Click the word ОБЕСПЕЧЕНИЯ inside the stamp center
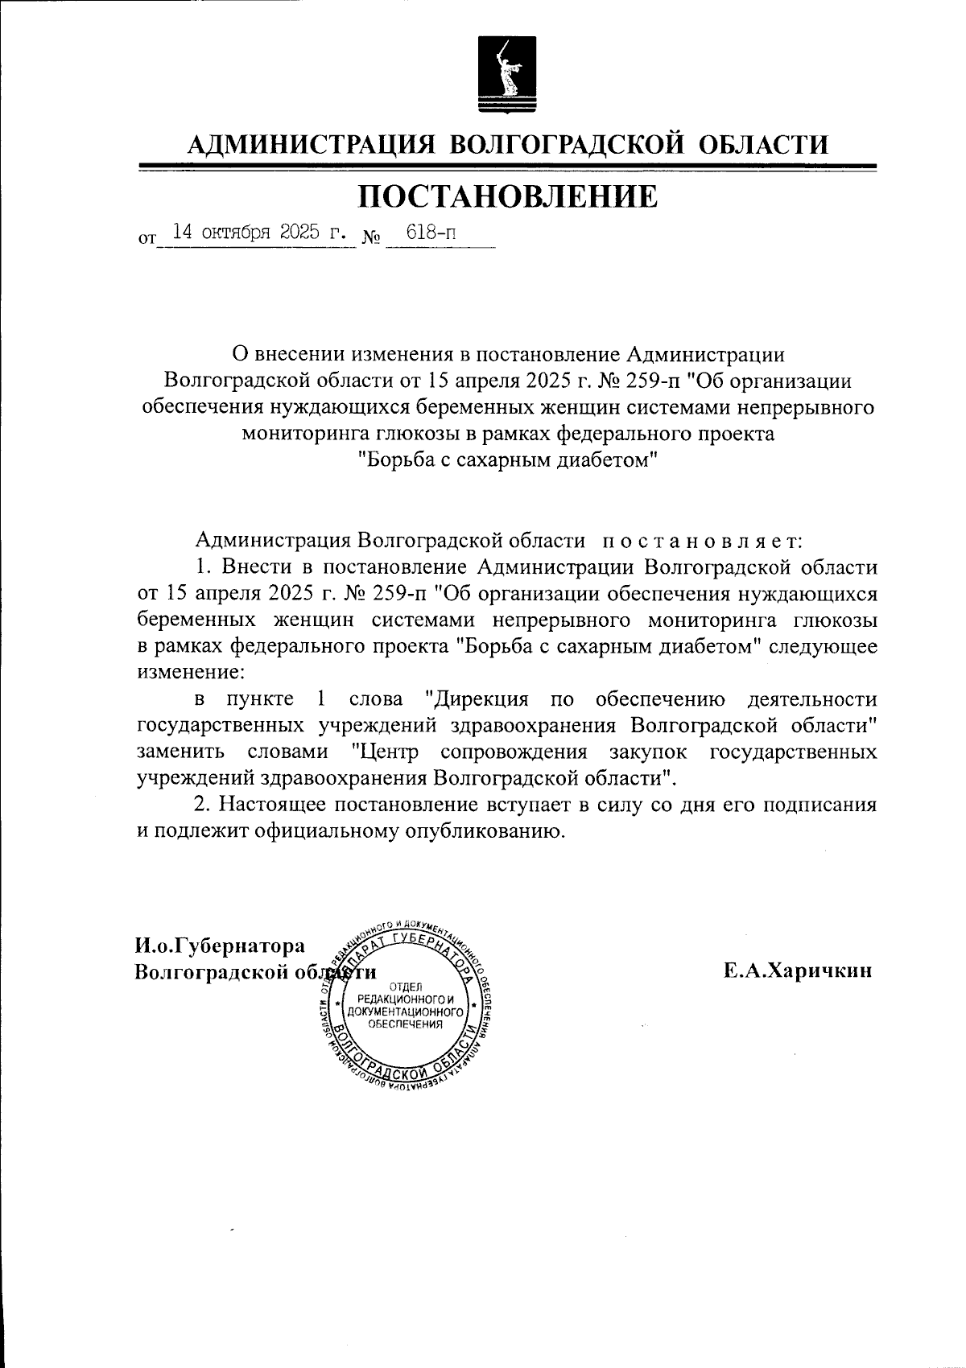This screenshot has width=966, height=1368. tap(405, 1024)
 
